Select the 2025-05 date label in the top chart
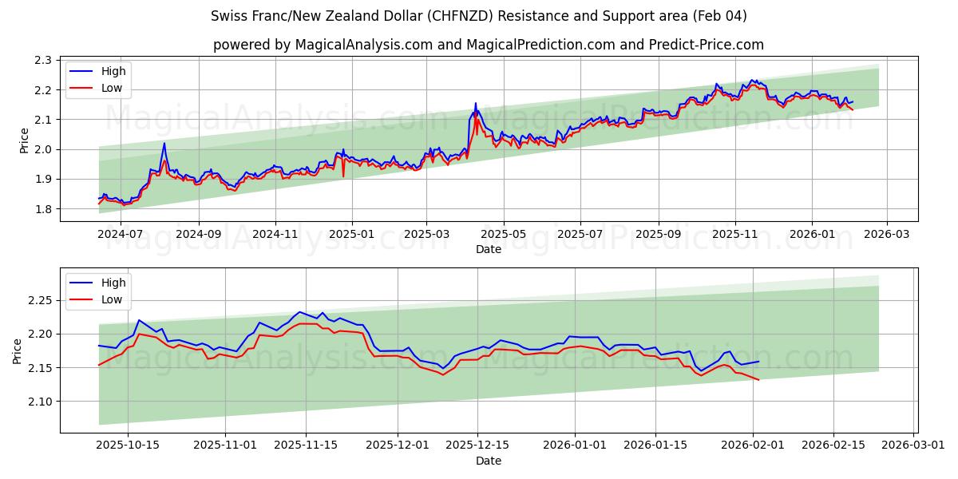pyautogui.click(x=504, y=235)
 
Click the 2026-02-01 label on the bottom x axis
pyautogui.click(x=753, y=445)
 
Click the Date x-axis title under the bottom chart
pyautogui.click(x=489, y=461)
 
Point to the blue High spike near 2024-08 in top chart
pyautogui.click(x=164, y=144)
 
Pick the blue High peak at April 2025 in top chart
pyautogui.click(x=476, y=103)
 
